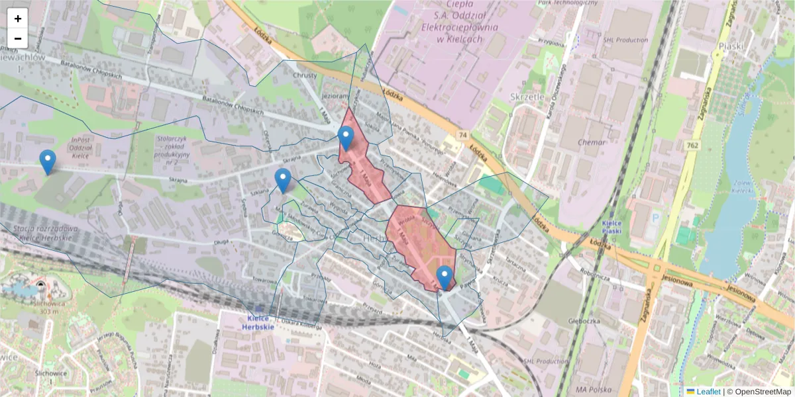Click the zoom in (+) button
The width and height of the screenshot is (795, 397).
(18, 19)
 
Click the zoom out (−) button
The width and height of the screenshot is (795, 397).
(18, 38)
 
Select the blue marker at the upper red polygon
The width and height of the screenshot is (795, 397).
(345, 138)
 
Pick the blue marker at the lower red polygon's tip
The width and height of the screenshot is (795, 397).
(445, 277)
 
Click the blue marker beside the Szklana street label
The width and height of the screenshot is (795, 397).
(283, 180)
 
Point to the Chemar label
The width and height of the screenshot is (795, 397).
(592, 142)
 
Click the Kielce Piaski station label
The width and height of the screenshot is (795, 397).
(615, 228)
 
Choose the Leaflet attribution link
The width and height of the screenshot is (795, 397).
(708, 392)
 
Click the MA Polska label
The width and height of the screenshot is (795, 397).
(592, 387)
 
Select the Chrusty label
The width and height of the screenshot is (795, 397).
(305, 75)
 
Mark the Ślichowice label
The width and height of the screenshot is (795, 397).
(52, 373)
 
